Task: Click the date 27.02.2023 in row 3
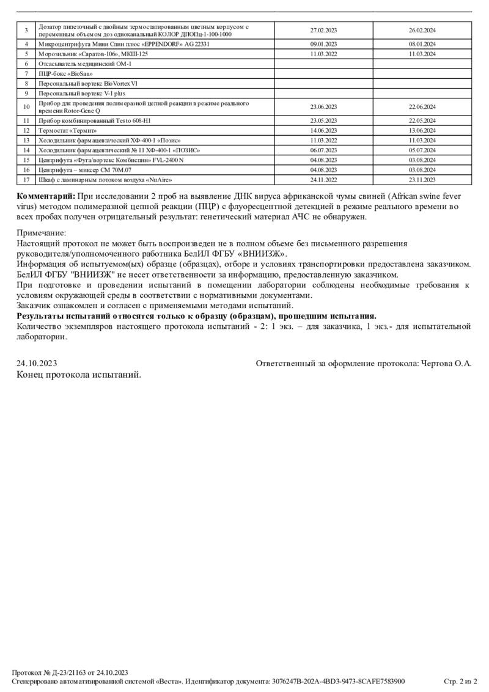pos(323,31)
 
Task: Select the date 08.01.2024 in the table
pos(422,45)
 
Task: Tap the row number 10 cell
pos(26,107)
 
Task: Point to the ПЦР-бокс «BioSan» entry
pos(61,73)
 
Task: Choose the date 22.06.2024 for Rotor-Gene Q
pos(422,107)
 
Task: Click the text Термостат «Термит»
pos(68,130)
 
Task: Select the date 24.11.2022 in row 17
pos(323,180)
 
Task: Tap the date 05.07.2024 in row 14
pos(422,150)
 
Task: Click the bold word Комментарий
pos(46,196)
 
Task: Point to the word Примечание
pos(41,233)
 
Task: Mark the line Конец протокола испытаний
pos(78,374)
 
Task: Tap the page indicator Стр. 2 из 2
pos(460,681)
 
